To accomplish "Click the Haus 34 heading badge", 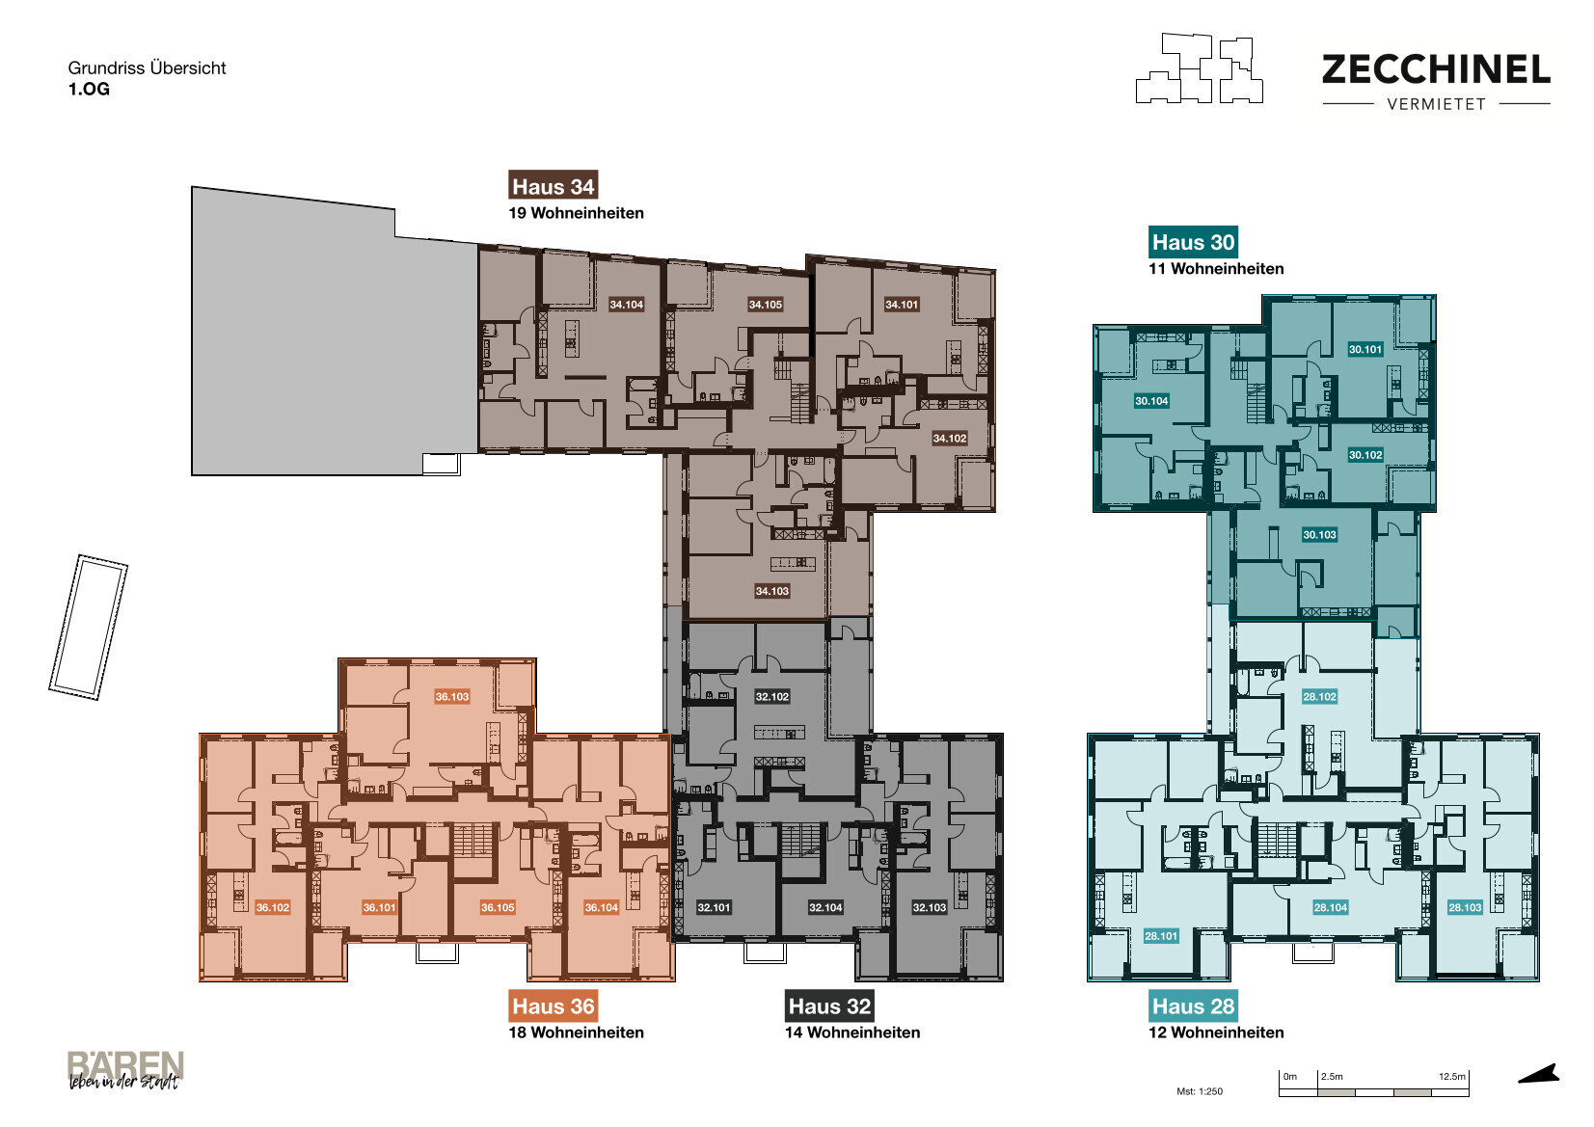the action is click(x=553, y=186).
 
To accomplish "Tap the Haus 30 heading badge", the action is click(x=1193, y=242).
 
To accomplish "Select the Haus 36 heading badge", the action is click(x=553, y=1006).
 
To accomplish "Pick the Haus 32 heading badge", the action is click(x=829, y=1006).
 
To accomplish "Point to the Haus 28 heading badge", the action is click(x=1193, y=1006).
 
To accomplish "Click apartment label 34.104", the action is click(x=626, y=305).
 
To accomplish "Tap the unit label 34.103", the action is click(x=772, y=591).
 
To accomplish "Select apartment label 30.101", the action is click(x=1364, y=349).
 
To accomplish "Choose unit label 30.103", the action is click(x=1319, y=534).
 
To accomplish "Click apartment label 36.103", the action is click(x=452, y=697).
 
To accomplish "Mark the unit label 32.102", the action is click(x=772, y=697).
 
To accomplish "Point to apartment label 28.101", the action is click(x=1161, y=935).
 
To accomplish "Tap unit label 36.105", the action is click(x=498, y=907).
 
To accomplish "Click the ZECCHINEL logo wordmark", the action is click(x=1436, y=69).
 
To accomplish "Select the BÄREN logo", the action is click(x=125, y=1069).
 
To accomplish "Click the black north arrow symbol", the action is click(x=1539, y=1075).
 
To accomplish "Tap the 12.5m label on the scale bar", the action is click(x=1451, y=1077).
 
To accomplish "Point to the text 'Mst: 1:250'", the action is click(x=1199, y=1091).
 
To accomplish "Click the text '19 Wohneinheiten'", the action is click(x=576, y=213).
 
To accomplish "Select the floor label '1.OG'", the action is click(x=89, y=89).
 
